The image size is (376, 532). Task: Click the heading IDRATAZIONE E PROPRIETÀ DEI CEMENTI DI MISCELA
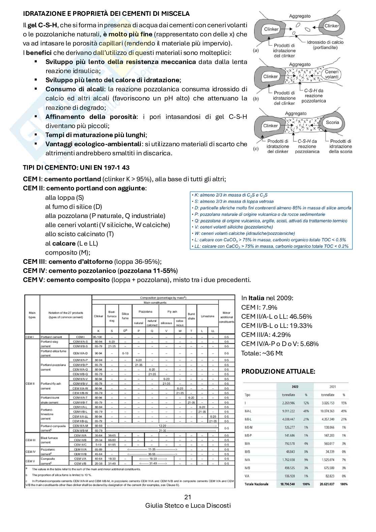coord(106,14)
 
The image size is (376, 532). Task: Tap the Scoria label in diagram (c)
coord(332,122)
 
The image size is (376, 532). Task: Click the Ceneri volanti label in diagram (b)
coord(332,74)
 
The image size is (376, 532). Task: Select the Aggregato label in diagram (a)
coord(300,16)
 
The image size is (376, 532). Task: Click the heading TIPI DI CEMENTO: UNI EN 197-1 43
coord(76,168)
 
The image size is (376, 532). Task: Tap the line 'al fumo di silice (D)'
coord(73,207)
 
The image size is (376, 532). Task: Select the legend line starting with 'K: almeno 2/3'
coord(229,195)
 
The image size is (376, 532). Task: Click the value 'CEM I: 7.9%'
coord(259,307)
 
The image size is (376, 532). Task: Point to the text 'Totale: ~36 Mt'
coord(262,353)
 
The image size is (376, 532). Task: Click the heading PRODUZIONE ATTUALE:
coord(278,372)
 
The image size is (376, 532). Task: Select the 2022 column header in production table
coord(295,387)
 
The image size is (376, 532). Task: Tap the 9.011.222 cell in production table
coord(288,411)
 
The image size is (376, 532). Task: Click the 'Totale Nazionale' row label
coord(256,484)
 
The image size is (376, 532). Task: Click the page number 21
coord(188,497)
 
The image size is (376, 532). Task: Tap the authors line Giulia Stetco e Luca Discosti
coord(188,506)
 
